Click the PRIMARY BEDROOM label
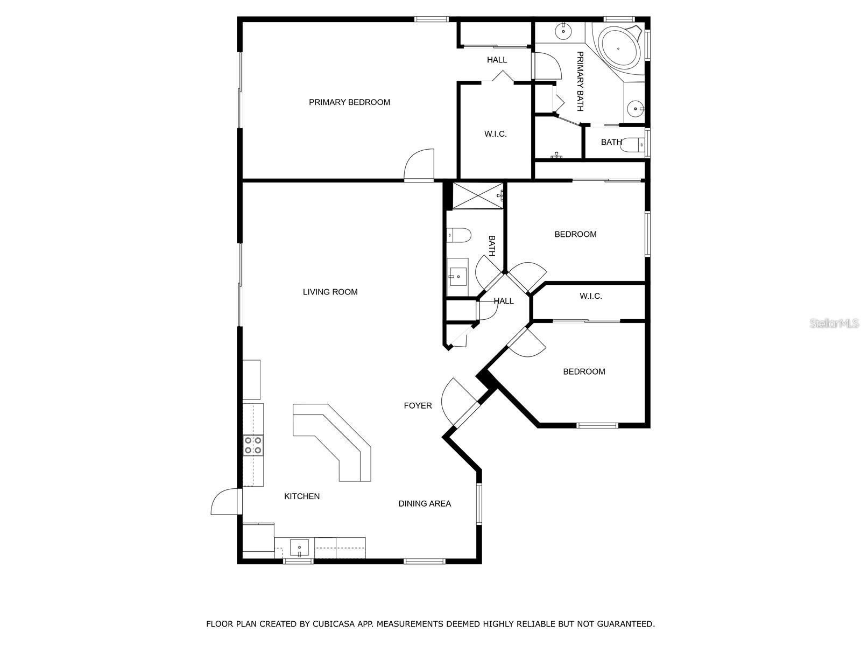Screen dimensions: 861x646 tap(349, 102)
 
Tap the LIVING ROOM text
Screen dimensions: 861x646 tap(330, 292)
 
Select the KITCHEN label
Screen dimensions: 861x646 tap(302, 496)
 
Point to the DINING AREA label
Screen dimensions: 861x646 tap(425, 504)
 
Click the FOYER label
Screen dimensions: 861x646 tap(418, 405)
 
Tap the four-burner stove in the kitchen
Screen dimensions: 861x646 tap(253, 445)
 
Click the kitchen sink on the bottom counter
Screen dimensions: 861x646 tap(299, 547)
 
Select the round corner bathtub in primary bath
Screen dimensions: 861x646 tap(618, 49)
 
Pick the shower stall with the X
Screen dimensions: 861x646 tap(478, 196)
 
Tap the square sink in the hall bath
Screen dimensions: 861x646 tap(457, 277)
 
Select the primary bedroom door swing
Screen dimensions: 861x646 tap(419, 164)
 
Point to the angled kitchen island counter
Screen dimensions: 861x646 tap(332, 443)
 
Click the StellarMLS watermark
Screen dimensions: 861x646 tap(834, 323)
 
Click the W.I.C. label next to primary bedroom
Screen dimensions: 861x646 tap(496, 134)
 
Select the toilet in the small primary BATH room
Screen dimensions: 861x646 tap(633, 145)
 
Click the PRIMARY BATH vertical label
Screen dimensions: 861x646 tap(580, 81)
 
